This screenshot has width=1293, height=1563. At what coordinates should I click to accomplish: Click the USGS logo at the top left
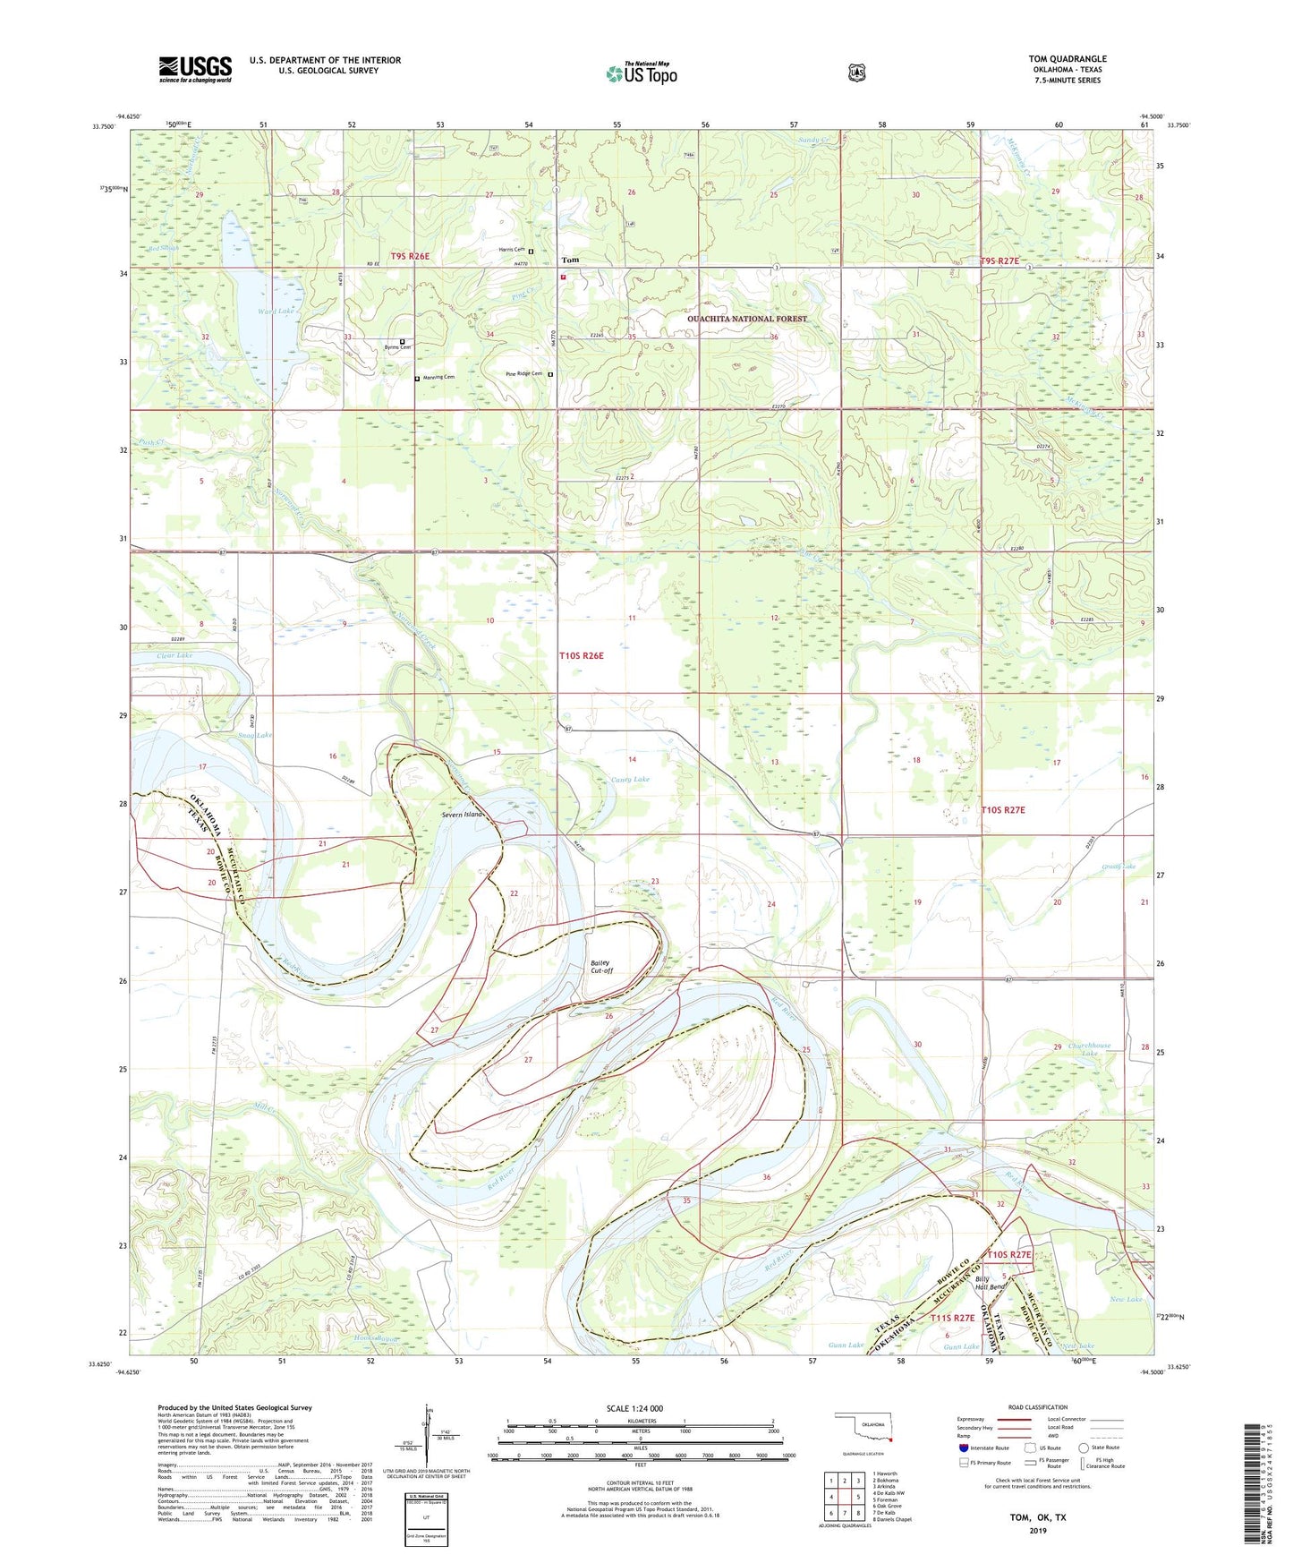pyautogui.click(x=195, y=69)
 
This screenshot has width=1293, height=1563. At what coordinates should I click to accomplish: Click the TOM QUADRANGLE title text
pyautogui.click(x=1067, y=59)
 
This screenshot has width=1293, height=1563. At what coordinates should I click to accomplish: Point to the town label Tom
pyautogui.click(x=569, y=260)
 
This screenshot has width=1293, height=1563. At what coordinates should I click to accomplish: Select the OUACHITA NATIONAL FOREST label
pyautogui.click(x=746, y=319)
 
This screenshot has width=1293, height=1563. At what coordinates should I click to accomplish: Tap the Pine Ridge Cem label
pyautogui.click(x=524, y=374)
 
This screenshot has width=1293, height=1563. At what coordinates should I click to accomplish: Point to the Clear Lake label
pyautogui.click(x=174, y=655)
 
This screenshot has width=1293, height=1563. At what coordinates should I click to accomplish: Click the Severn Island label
pyautogui.click(x=463, y=815)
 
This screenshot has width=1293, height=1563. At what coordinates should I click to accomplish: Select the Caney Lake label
pyautogui.click(x=630, y=780)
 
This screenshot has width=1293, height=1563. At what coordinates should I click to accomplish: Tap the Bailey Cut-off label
pyautogui.click(x=602, y=967)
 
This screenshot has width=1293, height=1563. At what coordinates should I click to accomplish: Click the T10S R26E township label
pyautogui.click(x=582, y=656)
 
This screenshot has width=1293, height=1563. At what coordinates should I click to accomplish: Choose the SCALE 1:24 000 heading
pyautogui.click(x=634, y=1408)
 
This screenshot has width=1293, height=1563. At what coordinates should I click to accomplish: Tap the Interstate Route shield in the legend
pyautogui.click(x=963, y=1448)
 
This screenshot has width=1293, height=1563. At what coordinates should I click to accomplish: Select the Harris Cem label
pyautogui.click(x=512, y=250)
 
